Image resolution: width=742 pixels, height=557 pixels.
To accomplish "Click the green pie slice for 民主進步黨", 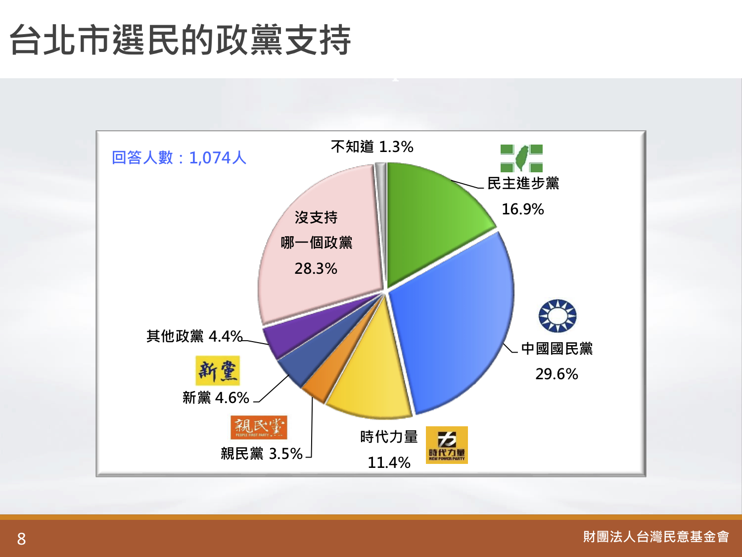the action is click(x=429, y=216).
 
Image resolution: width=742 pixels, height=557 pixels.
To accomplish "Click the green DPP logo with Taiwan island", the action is click(x=521, y=158).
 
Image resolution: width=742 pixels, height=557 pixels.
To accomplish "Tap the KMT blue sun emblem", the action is click(x=557, y=316).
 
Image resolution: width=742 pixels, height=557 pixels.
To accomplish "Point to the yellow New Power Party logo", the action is click(x=447, y=445).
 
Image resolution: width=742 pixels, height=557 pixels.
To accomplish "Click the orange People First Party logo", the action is click(x=259, y=427).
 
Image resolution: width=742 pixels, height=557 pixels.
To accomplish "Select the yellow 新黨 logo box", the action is click(x=218, y=371).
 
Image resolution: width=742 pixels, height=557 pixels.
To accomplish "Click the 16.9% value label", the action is click(x=522, y=209).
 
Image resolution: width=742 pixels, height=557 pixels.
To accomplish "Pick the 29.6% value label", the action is click(x=557, y=374).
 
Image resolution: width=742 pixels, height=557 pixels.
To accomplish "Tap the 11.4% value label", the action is click(x=389, y=462).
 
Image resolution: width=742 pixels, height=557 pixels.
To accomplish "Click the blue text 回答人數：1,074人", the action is click(x=179, y=157).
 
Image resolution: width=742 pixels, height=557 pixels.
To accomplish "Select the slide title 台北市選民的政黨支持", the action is click(x=181, y=40).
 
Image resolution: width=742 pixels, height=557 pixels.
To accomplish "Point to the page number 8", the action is click(x=21, y=539).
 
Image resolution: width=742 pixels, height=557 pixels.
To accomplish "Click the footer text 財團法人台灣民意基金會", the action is click(x=656, y=537).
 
